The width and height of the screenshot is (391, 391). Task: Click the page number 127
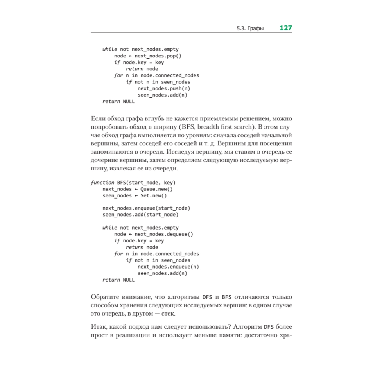285,28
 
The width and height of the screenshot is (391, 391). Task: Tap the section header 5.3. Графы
250,29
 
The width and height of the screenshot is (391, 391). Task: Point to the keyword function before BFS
102,183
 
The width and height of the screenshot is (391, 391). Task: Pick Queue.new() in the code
151,189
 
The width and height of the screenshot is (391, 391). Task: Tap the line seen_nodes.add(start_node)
140,215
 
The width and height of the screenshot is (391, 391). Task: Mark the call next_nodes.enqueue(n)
169,267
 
